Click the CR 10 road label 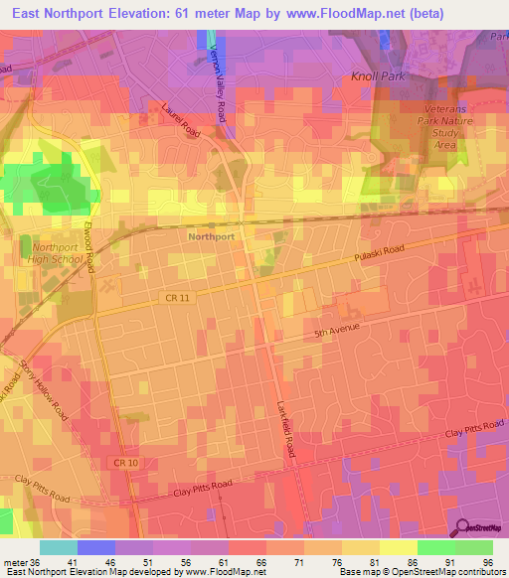(126, 463)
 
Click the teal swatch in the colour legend (59, 546)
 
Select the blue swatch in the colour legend (96, 546)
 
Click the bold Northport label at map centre (210, 237)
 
